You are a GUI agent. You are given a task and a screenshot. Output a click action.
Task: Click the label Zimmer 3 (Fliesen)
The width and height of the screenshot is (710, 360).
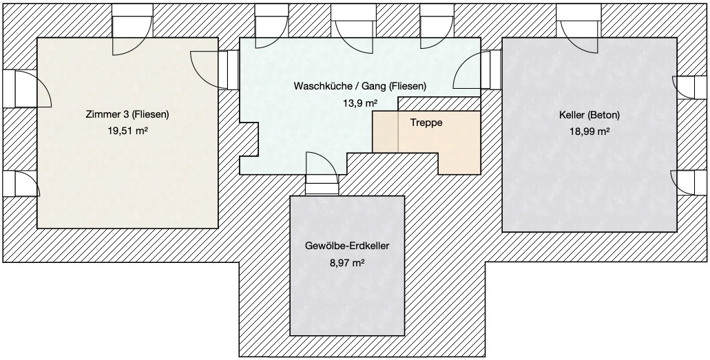pyautogui.click(x=127, y=114)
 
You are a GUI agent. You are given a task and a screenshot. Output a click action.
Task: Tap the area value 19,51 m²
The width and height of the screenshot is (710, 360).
pyautogui.click(x=127, y=131)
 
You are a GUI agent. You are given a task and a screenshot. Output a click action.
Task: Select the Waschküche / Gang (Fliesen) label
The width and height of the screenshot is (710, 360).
pyautogui.click(x=360, y=86)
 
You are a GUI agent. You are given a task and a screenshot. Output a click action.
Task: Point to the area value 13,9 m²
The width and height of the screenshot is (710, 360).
pyautogui.click(x=360, y=103)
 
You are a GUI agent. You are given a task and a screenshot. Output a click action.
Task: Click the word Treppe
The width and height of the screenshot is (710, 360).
pyautogui.click(x=426, y=123)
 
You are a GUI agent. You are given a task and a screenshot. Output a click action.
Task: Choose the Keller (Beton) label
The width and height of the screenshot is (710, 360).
pyautogui.click(x=589, y=115)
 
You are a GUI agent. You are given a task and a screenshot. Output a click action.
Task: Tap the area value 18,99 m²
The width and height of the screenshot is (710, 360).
pyautogui.click(x=589, y=131)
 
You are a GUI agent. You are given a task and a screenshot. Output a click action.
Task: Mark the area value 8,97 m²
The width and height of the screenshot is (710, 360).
pyautogui.click(x=347, y=263)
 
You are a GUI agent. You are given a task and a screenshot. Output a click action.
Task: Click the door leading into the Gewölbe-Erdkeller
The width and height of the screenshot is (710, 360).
pyautogui.click(x=322, y=174)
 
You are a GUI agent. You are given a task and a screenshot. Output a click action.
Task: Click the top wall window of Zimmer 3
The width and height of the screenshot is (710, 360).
pyautogui.click(x=132, y=30)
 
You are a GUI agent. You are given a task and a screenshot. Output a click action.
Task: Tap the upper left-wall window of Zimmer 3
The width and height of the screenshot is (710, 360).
pyautogui.click(x=26, y=89)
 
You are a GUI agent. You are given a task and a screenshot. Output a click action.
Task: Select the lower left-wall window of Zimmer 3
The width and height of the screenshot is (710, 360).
pyautogui.click(x=21, y=184)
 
